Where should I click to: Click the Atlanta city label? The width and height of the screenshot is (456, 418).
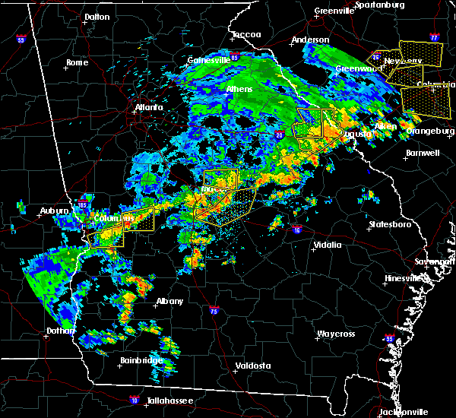149,107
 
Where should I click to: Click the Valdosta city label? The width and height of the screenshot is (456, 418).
253,366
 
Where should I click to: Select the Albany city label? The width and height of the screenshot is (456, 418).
169,301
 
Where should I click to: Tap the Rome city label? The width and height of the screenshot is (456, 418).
78,62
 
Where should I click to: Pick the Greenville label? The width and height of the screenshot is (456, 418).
335,11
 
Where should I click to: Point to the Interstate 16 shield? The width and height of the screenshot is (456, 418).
297,230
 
